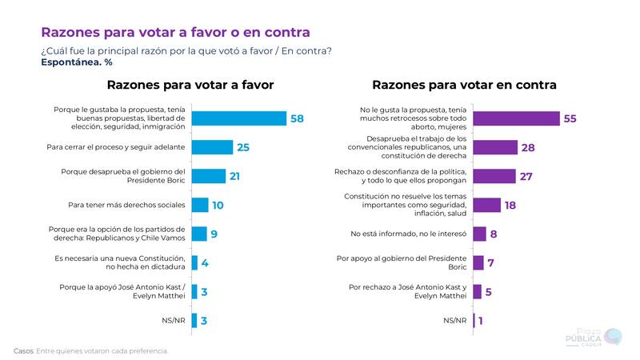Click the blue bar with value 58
239,118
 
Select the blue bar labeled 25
212,147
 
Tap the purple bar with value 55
516,118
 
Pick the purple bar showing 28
495,147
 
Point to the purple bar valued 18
487,205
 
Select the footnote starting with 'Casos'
91,350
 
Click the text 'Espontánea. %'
76,62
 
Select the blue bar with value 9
199,234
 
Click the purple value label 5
490,291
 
